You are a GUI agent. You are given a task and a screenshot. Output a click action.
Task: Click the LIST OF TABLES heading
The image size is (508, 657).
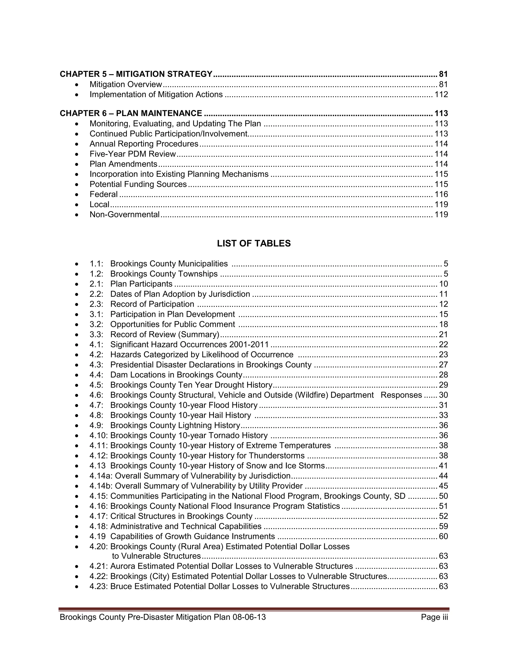[x=254, y=243]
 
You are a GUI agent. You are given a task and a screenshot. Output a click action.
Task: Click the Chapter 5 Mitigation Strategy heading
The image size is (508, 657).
[x=136, y=74]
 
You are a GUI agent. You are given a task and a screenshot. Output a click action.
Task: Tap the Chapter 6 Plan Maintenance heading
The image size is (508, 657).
[x=131, y=113]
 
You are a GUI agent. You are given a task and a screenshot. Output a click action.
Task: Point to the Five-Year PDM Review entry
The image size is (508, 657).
[x=132, y=154]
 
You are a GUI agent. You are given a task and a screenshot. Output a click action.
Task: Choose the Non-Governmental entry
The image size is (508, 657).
[x=124, y=214]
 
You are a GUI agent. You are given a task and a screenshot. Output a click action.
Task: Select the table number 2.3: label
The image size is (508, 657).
[x=96, y=304]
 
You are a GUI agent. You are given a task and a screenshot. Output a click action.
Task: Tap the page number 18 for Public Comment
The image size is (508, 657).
[x=443, y=324]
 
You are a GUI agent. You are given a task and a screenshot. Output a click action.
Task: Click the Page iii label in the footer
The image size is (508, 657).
[x=434, y=617]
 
